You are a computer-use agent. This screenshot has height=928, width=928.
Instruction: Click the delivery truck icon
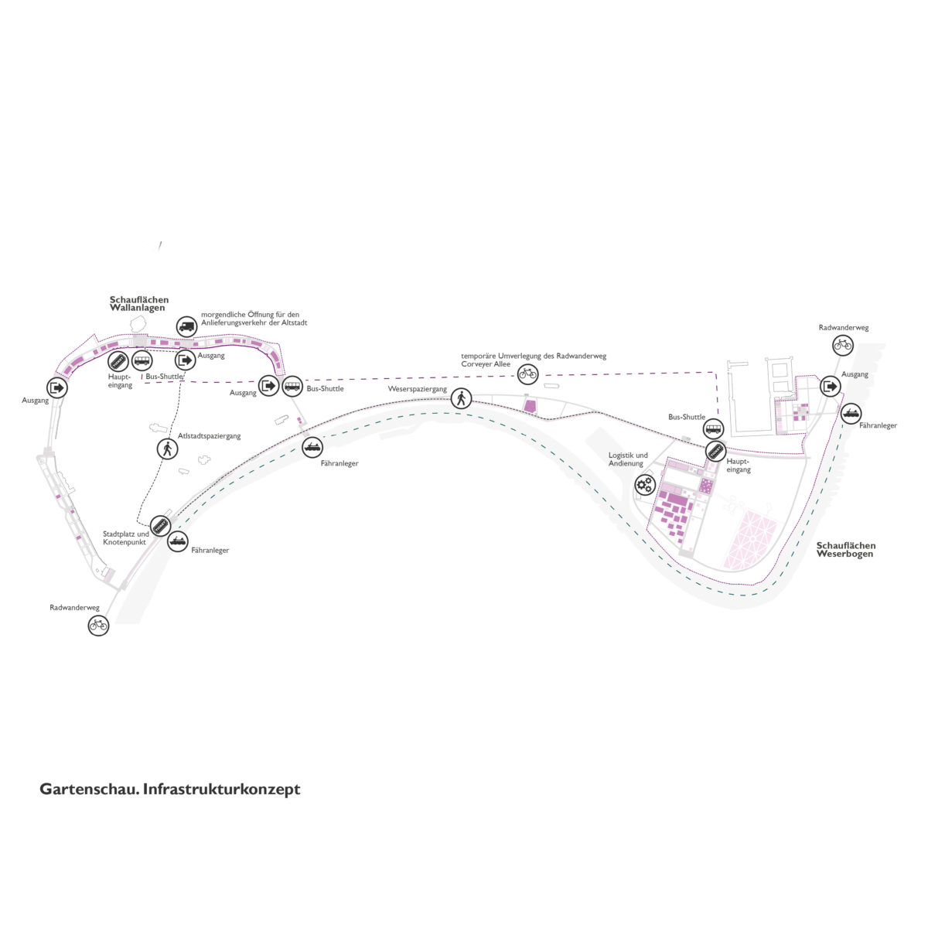(x=186, y=327)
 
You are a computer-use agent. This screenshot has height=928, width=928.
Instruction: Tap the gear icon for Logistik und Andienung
(x=644, y=484)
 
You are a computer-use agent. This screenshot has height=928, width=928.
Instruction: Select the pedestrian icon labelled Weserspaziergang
(x=461, y=398)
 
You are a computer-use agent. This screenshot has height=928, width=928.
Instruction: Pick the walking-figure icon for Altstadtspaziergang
(x=168, y=449)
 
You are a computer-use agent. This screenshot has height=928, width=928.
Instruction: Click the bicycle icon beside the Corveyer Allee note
(x=528, y=374)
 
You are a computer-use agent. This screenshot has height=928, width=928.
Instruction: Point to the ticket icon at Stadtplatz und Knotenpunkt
(x=160, y=526)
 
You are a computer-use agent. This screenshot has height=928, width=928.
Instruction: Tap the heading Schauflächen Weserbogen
(x=846, y=550)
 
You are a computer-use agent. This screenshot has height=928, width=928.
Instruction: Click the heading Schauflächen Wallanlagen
(x=139, y=304)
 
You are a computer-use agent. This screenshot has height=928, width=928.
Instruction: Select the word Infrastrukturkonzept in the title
(x=221, y=790)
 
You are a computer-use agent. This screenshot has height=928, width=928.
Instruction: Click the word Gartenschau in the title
(x=90, y=790)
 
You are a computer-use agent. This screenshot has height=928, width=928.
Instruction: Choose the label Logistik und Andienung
(x=628, y=459)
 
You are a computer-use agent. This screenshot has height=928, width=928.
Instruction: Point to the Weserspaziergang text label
(x=418, y=389)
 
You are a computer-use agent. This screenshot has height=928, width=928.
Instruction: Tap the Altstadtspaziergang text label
(x=209, y=436)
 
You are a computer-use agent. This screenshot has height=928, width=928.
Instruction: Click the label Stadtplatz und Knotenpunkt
(x=126, y=538)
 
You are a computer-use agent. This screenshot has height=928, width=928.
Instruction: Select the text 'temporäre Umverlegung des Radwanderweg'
(x=534, y=356)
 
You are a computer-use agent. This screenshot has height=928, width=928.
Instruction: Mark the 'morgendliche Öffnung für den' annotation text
(x=250, y=315)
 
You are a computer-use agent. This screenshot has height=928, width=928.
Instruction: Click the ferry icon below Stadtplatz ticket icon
(x=178, y=541)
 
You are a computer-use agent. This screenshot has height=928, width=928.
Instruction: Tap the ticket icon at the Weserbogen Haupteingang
(x=715, y=452)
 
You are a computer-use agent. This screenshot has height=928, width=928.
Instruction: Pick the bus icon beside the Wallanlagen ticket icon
(x=142, y=360)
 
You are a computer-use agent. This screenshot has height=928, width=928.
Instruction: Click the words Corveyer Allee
(x=486, y=364)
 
